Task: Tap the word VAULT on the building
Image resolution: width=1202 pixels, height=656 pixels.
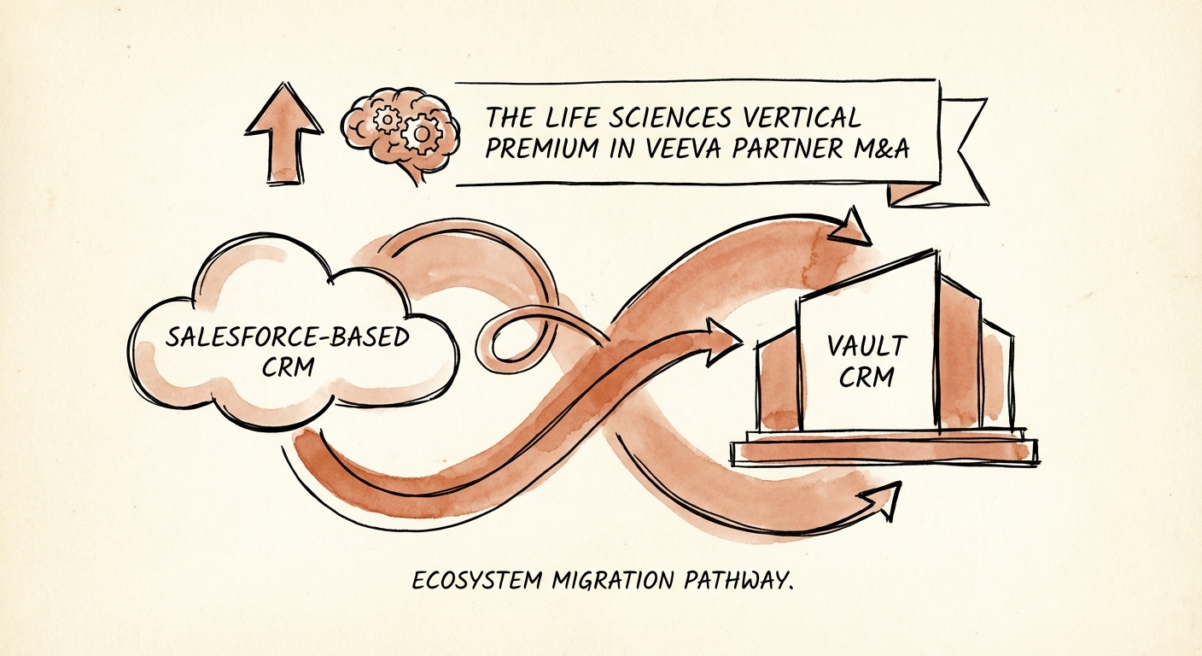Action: [x=866, y=347]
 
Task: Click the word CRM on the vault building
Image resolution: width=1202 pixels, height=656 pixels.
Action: [x=866, y=377]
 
